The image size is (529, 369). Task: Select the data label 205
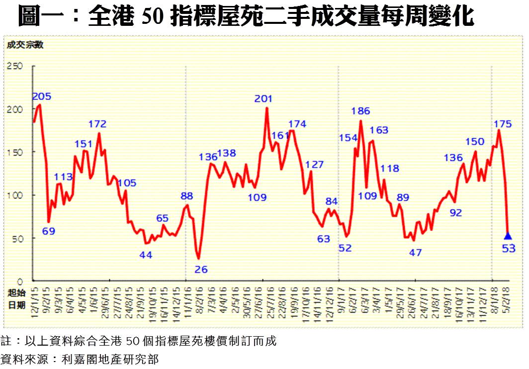42,96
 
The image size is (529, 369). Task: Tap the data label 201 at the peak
264,99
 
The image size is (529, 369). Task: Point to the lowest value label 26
201,270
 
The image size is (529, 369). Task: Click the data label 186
360,111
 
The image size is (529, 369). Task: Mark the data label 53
508,249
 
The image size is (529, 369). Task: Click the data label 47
415,253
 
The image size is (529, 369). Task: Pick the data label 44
145,255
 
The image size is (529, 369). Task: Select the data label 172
97,124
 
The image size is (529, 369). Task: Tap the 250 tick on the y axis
15,66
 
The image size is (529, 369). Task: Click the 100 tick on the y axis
15,195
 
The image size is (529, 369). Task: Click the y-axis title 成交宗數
25,45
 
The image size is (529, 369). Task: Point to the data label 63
324,239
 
